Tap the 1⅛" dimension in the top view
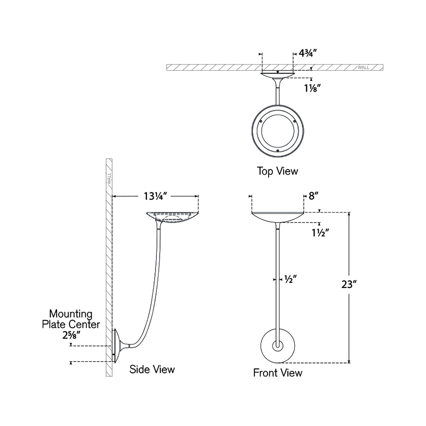[312, 88]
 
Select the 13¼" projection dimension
[155, 196]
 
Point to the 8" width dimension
[313, 196]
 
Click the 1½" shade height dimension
[320, 233]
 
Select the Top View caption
[277, 171]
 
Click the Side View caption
[152, 369]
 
